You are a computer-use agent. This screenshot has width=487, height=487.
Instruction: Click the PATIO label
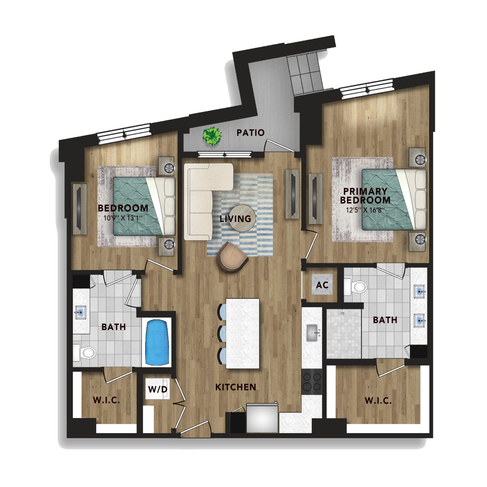coord(250,132)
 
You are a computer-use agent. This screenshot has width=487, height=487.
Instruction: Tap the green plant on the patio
coord(212,136)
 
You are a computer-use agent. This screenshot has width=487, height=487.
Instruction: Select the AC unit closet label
coord(323,285)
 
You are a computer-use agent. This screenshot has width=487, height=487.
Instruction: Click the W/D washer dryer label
coord(158,389)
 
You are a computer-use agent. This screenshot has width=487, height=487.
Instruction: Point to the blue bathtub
coord(157,342)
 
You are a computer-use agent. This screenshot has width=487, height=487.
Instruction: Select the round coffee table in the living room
coord(243,218)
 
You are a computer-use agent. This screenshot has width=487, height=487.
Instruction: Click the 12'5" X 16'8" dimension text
coord(365,210)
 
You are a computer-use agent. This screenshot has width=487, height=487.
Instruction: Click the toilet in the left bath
coord(85,352)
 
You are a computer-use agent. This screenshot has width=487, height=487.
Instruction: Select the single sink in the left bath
coord(80,312)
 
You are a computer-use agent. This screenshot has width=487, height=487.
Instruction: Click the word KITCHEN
coord(235,387)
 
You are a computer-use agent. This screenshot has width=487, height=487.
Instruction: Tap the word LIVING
coord(235,219)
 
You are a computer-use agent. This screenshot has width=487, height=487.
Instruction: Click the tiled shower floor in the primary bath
coord(344,334)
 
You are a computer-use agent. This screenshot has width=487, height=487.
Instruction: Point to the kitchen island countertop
coord(243,333)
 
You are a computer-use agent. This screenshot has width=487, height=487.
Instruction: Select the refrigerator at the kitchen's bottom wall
coord(262,418)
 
